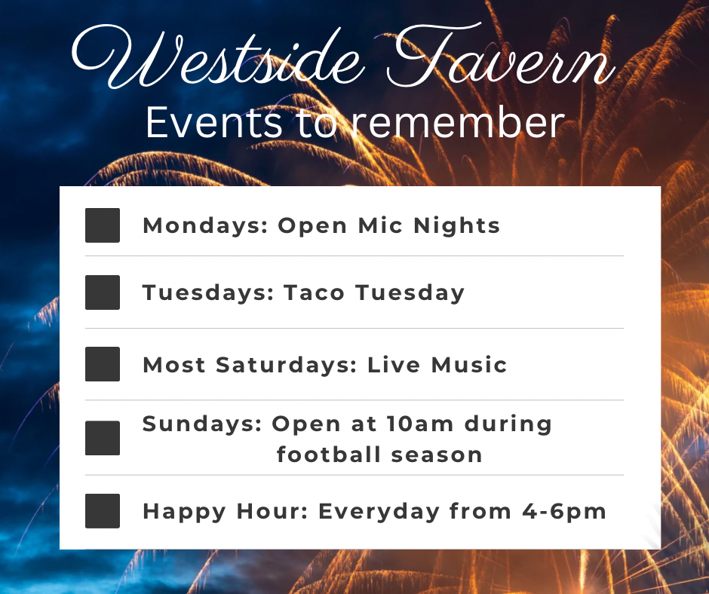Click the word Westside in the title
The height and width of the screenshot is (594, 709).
217,57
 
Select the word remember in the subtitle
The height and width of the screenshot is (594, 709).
458,122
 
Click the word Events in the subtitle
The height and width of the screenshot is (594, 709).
213,122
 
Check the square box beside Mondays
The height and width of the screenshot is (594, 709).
103,225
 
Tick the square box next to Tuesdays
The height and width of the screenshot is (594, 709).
103,292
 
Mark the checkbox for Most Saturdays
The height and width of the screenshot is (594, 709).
103,364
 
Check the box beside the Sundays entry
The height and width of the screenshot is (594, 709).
103,438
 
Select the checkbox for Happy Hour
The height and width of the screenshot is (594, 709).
103,511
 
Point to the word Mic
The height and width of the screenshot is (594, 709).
380,225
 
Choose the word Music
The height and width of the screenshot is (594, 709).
469,365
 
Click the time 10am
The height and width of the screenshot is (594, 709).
420,424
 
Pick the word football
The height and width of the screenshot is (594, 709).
329,454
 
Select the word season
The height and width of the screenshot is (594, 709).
437,455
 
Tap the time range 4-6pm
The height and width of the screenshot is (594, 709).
564,512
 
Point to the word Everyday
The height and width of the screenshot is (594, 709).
379,512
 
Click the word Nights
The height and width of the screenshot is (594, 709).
456,225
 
